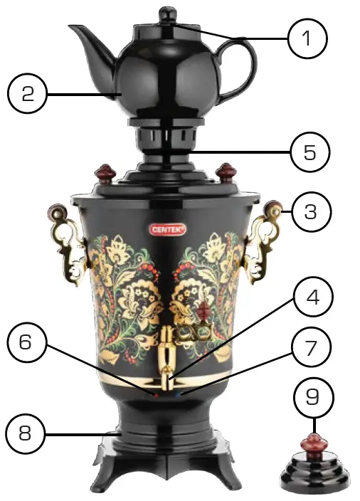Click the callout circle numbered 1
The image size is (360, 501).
(x=307, y=38)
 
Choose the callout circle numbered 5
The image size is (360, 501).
(x=307, y=152)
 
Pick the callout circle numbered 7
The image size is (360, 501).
(x=307, y=349)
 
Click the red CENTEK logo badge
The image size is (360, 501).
(x=167, y=229)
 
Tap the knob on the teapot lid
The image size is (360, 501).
(x=168, y=14)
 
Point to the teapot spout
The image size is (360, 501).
(x=84, y=36)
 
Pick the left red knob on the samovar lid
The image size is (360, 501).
(x=106, y=172)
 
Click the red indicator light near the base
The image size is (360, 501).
(x=154, y=392)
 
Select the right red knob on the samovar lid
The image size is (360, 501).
(x=226, y=172)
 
